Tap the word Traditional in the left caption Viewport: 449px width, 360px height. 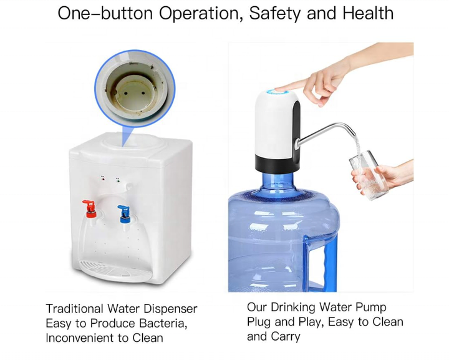[75, 309]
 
